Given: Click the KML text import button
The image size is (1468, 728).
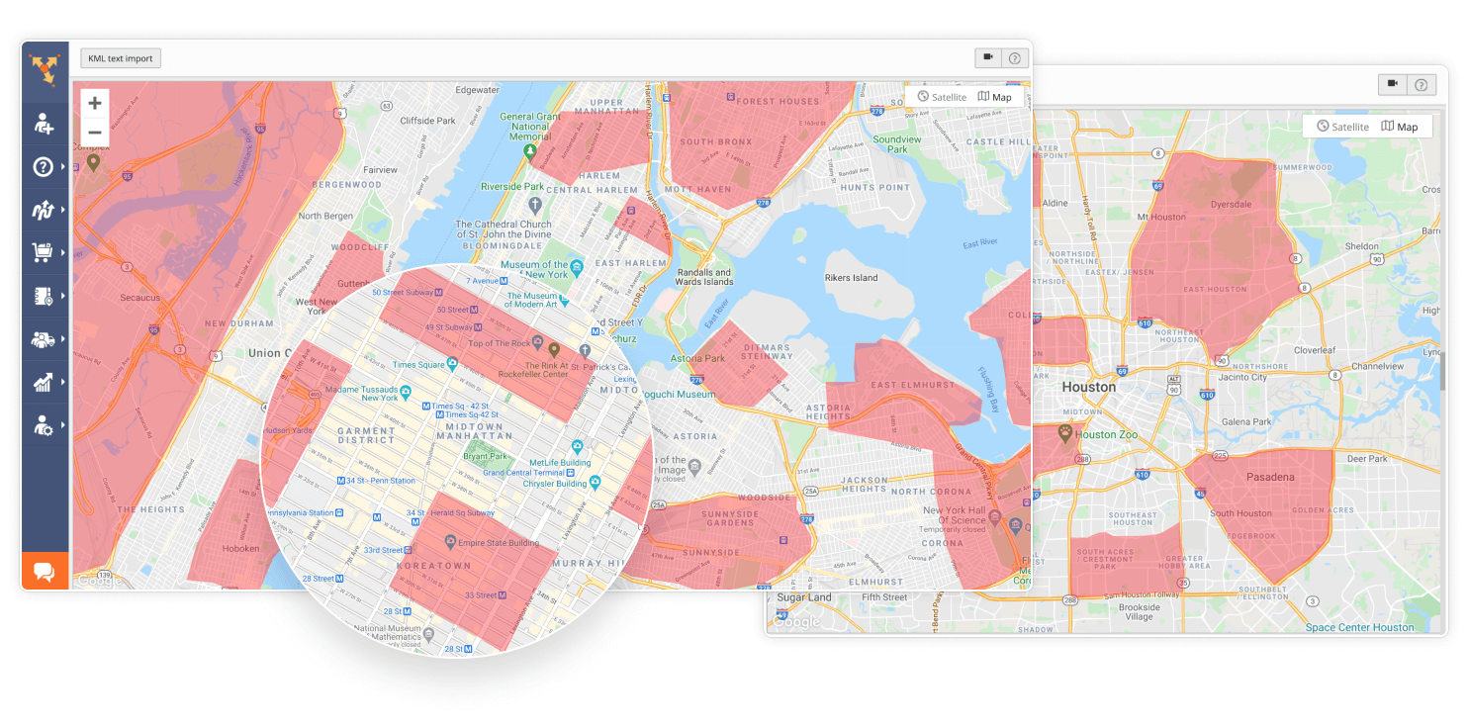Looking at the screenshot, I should click(121, 58).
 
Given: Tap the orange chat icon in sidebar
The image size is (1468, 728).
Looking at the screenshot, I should click(45, 572).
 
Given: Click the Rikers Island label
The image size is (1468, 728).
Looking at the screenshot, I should click(851, 278).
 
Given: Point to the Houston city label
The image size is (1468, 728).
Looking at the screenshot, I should click(1088, 387).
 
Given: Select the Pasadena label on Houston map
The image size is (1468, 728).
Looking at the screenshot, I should click(1269, 477).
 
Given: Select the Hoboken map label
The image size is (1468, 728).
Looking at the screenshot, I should click(240, 548).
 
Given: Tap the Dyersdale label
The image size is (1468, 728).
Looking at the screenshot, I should click(1233, 206).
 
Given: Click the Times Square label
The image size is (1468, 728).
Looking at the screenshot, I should click(418, 365).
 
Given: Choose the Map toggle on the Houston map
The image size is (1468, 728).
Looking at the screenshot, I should click(1400, 127).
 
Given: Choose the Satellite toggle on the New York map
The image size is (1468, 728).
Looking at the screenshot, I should click(942, 97).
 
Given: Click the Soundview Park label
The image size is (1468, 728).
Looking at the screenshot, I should click(897, 144).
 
